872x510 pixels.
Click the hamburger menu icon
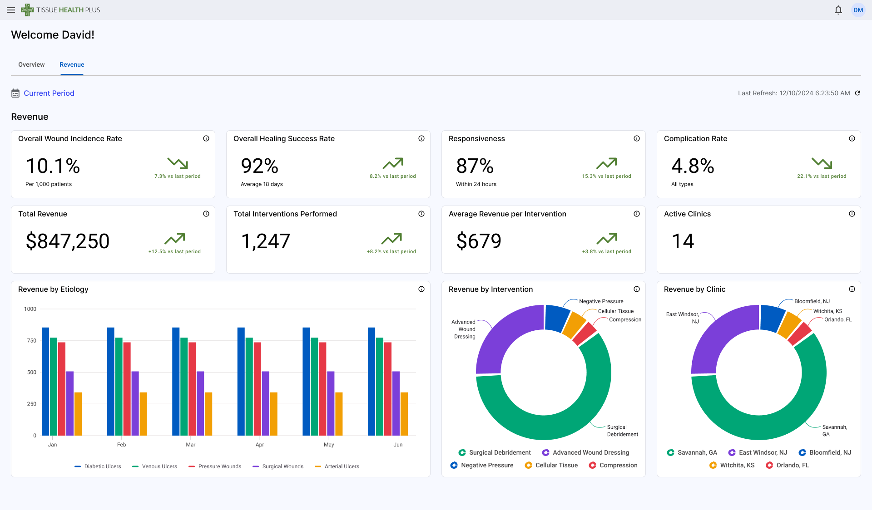pyautogui.click(x=11, y=10)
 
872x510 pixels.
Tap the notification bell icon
pyautogui.click(x=838, y=10)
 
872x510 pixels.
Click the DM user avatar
pyautogui.click(x=857, y=10)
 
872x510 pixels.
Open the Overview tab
pyautogui.click(x=31, y=64)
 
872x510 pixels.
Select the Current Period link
pyautogui.click(x=49, y=93)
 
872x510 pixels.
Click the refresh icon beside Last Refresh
pyautogui.click(x=857, y=93)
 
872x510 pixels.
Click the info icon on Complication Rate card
pyautogui.click(x=852, y=138)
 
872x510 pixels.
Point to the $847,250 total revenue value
pyautogui.click(x=68, y=241)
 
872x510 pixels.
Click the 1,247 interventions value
pyautogui.click(x=266, y=241)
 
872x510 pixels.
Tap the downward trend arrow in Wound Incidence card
pyautogui.click(x=178, y=163)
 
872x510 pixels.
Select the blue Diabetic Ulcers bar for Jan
pyautogui.click(x=45, y=381)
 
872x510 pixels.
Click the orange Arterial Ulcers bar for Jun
pyautogui.click(x=404, y=414)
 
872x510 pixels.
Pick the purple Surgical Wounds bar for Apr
pyautogui.click(x=266, y=403)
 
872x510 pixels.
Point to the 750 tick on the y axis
pyautogui.click(x=31, y=340)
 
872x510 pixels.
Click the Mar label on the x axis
pyautogui.click(x=191, y=445)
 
